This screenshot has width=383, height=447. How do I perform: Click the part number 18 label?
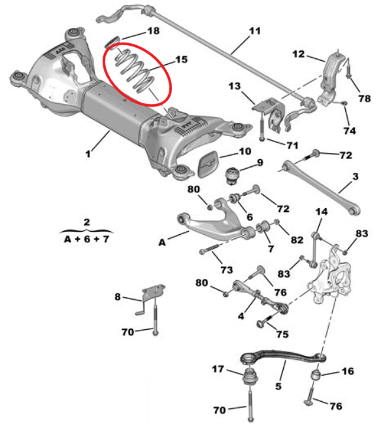click(154, 31)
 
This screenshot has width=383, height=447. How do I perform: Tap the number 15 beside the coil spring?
click(182, 60)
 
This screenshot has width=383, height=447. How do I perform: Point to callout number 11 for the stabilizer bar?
click(255, 31)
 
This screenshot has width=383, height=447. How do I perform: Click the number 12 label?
click(299, 54)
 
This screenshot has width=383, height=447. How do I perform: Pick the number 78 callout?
click(365, 98)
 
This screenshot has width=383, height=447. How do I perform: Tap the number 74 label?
click(350, 130)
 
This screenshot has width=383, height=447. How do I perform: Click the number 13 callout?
click(235, 86)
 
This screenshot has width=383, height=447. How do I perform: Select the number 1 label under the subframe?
click(88, 154)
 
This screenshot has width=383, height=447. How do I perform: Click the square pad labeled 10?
click(208, 164)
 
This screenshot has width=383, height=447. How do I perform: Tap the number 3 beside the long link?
click(355, 177)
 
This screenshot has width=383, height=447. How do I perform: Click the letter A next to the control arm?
click(162, 243)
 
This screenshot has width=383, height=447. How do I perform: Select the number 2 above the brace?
click(87, 222)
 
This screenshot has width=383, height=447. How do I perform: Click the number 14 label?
click(322, 211)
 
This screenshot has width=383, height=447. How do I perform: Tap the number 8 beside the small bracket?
click(118, 296)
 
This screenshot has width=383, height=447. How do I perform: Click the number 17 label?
click(218, 369)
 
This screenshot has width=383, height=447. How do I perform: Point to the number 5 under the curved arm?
click(278, 386)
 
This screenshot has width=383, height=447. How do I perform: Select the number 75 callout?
click(282, 334)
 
